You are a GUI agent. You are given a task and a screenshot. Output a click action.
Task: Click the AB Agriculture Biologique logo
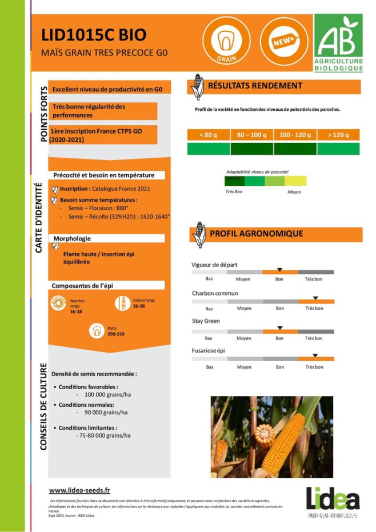[x=338, y=43]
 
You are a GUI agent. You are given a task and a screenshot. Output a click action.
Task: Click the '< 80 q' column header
[x=209, y=135]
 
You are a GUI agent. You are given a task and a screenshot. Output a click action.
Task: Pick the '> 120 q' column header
[x=338, y=135]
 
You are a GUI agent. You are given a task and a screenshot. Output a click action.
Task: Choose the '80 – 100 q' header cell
[x=252, y=135]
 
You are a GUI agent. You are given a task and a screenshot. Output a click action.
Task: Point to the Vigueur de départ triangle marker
[x=279, y=269]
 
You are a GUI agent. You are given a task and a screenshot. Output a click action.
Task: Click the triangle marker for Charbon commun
[x=315, y=298]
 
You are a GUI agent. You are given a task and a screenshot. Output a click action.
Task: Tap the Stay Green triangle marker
[x=279, y=327]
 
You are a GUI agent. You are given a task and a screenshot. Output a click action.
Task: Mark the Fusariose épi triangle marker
[x=315, y=355]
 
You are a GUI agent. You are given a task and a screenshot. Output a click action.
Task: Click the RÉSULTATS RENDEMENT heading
[x=255, y=86]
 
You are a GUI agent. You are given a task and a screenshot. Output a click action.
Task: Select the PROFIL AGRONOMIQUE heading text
[x=257, y=234]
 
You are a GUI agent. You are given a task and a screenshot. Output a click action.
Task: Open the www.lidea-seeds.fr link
[x=79, y=490]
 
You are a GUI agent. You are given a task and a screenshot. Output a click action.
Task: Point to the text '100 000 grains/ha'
[x=108, y=395]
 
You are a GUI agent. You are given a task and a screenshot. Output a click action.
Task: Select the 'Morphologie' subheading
[x=72, y=238]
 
